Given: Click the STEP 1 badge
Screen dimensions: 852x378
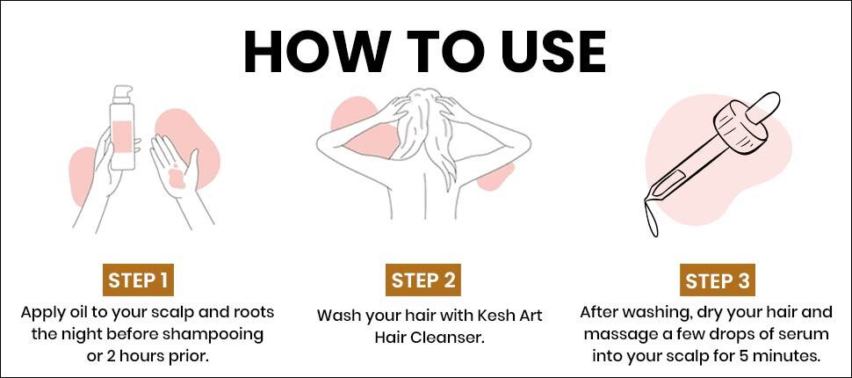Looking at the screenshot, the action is (138, 280).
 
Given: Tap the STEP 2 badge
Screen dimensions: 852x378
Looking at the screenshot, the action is (423, 280).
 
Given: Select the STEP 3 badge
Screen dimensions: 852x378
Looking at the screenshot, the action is (718, 280).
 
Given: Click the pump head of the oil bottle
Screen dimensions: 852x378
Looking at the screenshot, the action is (122, 93).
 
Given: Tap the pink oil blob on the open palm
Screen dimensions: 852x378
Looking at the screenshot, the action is (177, 179).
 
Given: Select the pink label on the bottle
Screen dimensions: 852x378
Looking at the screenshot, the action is (122, 136).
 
